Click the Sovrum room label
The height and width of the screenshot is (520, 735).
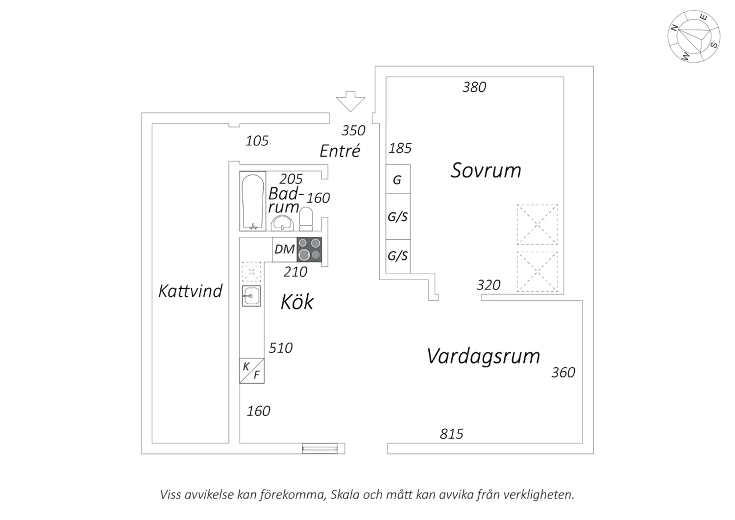486,170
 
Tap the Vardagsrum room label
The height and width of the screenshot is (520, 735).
483,356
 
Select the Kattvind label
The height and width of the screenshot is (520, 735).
190,291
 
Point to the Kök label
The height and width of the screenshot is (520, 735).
297,302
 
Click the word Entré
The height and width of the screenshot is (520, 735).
340,151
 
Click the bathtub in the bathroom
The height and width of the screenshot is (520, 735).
253,201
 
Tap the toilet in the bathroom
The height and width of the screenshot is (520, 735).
306,219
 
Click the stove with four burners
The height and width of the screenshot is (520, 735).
309,249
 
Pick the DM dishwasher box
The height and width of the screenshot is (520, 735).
284,249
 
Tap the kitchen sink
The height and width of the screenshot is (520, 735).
251,296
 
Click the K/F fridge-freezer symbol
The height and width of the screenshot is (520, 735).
251,371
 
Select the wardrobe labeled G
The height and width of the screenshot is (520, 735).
397,180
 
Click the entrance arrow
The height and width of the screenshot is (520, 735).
350,101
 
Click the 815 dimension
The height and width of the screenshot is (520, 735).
451,434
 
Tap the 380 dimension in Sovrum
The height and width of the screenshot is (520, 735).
474,87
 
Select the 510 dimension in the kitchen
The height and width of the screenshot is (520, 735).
281,348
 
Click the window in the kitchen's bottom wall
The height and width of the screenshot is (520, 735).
319,448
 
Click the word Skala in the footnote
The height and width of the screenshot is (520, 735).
346,494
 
